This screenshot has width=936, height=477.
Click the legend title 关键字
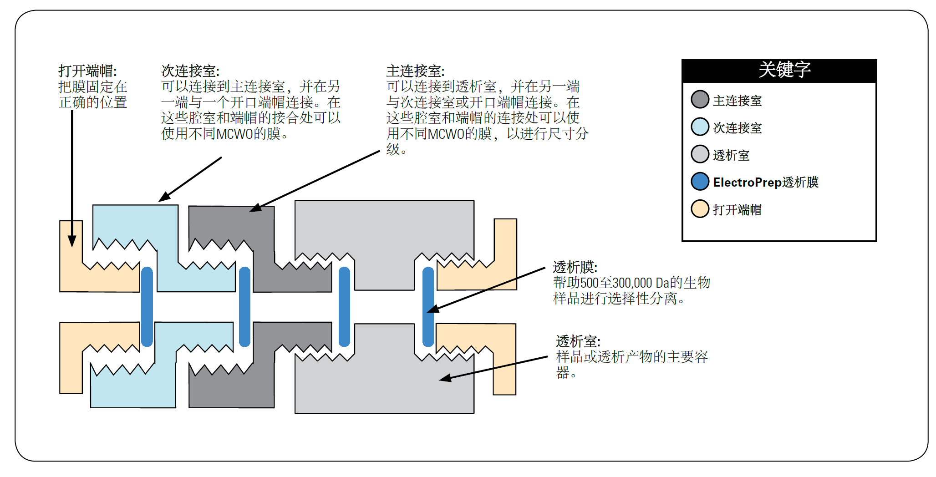(x=784, y=70)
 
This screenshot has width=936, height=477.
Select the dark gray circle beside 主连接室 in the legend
(x=700, y=100)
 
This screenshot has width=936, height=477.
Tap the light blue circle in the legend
(x=700, y=127)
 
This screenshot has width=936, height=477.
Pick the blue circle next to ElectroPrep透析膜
(x=700, y=182)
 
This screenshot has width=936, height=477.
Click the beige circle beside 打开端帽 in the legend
(x=700, y=209)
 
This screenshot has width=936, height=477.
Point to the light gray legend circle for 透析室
(x=700, y=154)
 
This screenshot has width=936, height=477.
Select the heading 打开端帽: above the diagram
(x=87, y=71)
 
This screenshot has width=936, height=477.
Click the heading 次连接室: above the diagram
(x=190, y=71)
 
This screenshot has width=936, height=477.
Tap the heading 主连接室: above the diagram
(x=415, y=71)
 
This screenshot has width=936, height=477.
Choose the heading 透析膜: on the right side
(x=575, y=267)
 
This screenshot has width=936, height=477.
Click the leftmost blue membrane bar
(x=147, y=307)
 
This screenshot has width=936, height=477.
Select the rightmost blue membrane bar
(x=428, y=307)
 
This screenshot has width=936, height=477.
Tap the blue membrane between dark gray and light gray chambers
(x=345, y=307)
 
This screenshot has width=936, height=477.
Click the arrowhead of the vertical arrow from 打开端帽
(x=72, y=241)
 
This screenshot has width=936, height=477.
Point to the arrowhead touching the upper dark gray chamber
(x=255, y=208)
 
